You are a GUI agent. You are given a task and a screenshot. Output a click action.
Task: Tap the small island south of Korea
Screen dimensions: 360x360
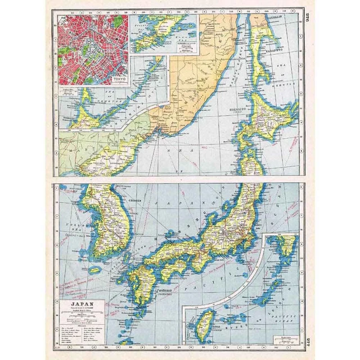pos(95,270)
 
